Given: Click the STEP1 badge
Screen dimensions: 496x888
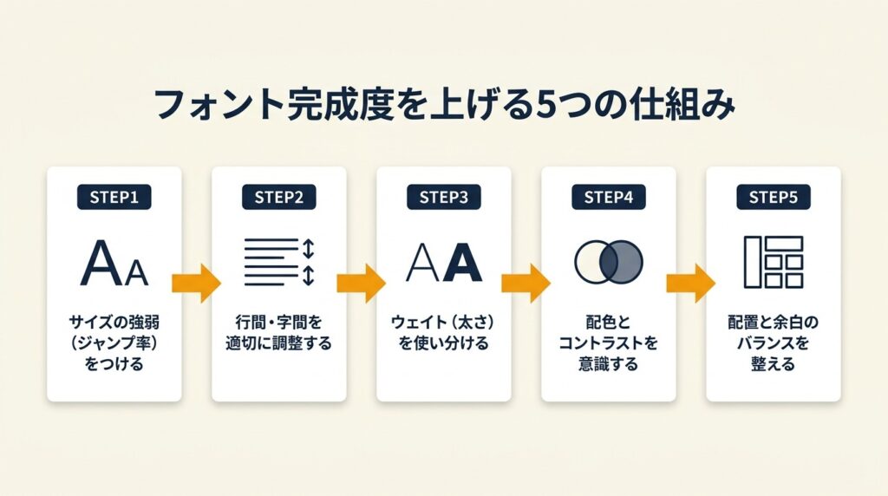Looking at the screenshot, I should [114, 197].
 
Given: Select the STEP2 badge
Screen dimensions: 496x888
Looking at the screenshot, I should [279, 197].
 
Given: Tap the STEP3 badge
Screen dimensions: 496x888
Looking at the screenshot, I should [443, 197].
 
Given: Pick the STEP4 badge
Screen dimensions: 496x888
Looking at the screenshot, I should [608, 197].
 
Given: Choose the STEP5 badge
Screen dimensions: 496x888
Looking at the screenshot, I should [773, 197].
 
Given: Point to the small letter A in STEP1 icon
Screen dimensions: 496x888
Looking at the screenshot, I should [136, 272].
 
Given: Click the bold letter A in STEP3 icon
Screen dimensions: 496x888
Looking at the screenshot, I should [462, 263].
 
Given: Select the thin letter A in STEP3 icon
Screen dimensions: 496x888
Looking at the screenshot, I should [423, 263].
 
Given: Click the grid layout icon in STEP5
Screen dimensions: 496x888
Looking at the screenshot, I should [773, 261].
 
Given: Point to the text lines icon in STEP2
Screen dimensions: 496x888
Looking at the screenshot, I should [271, 260].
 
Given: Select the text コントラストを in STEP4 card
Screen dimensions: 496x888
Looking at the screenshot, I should [608, 343].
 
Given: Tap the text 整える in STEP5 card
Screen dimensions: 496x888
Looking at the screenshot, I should [773, 364].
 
